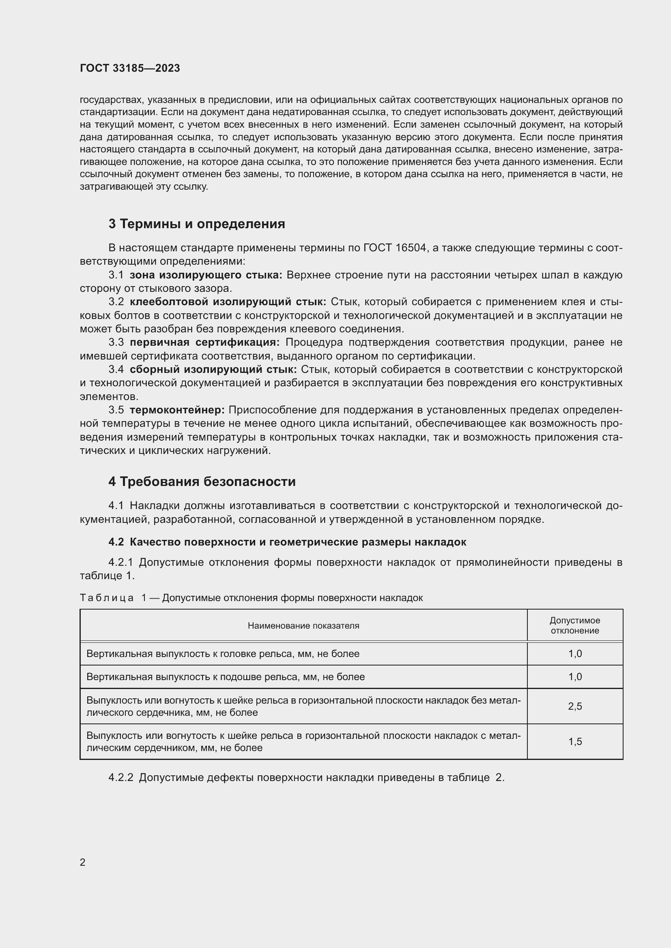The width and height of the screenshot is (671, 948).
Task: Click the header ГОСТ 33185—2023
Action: pos(130,68)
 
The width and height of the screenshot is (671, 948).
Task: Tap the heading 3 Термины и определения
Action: pos(197,224)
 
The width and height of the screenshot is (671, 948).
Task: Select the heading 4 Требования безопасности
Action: pos(202,481)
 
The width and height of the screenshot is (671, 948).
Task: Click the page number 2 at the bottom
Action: pos(83,862)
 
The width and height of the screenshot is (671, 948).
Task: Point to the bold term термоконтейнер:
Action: pos(177,410)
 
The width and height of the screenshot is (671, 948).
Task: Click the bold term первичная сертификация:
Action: pos(204,342)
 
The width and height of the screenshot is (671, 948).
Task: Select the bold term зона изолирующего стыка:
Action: pos(206,275)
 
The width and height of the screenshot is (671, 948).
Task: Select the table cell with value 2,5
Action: pos(575,706)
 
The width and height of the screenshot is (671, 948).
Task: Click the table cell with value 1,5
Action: pos(575,742)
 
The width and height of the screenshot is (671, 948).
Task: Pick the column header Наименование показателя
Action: pos(303,625)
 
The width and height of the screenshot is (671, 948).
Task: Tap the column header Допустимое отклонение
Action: pos(575,625)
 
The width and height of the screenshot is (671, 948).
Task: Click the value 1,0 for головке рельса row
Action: pos(575,654)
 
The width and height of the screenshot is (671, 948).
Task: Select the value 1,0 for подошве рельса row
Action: pos(575,677)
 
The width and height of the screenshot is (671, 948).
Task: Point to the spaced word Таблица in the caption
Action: pos(107,598)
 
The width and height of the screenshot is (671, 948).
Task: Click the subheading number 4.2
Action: pos(116,542)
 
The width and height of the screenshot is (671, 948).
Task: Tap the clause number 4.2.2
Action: pos(120,778)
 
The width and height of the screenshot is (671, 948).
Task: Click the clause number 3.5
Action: pos(116,410)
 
